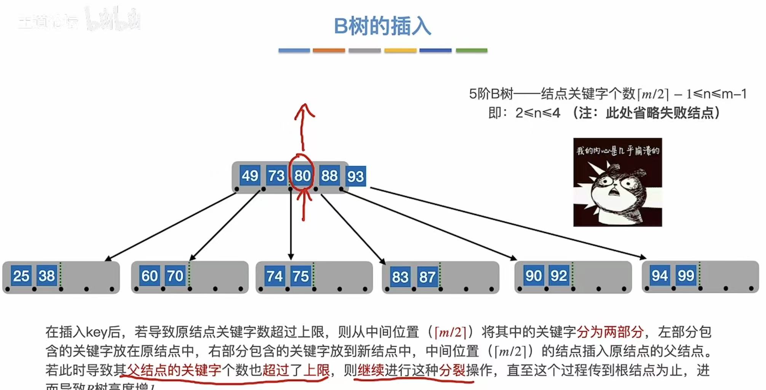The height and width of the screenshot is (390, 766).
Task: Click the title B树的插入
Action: coord(382,27)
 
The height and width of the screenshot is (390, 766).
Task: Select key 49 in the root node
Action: coord(250,176)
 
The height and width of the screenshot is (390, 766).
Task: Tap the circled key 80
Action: coord(302,176)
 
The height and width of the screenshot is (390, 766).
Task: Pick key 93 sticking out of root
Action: coord(355,176)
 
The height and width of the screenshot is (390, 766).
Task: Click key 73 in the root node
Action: coord(276,176)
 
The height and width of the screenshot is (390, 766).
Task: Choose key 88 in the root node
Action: coord(329,176)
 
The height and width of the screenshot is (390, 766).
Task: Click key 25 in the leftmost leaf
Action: coord(21,276)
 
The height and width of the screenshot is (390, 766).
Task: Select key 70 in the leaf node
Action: coord(175,276)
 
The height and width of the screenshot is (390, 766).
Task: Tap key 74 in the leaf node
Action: coord(275,276)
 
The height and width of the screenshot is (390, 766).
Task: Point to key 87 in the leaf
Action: coord(427,277)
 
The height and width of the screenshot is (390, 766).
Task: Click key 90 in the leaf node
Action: coord(533,275)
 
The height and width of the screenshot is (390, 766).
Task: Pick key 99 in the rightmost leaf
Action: coord(686,275)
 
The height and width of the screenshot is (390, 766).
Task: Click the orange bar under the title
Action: coord(329,50)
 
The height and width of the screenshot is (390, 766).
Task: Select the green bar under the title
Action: coord(472,50)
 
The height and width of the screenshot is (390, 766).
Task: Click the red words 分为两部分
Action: coord(610,332)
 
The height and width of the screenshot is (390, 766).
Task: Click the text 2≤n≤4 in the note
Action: coord(537,113)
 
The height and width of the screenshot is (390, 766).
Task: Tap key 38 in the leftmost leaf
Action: coord(47,275)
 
